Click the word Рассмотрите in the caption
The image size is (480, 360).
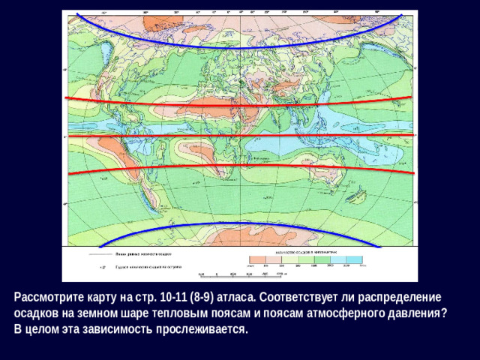pyautogui.click(x=46, y=296)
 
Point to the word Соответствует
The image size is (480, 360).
pyautogui.click(x=286, y=296)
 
